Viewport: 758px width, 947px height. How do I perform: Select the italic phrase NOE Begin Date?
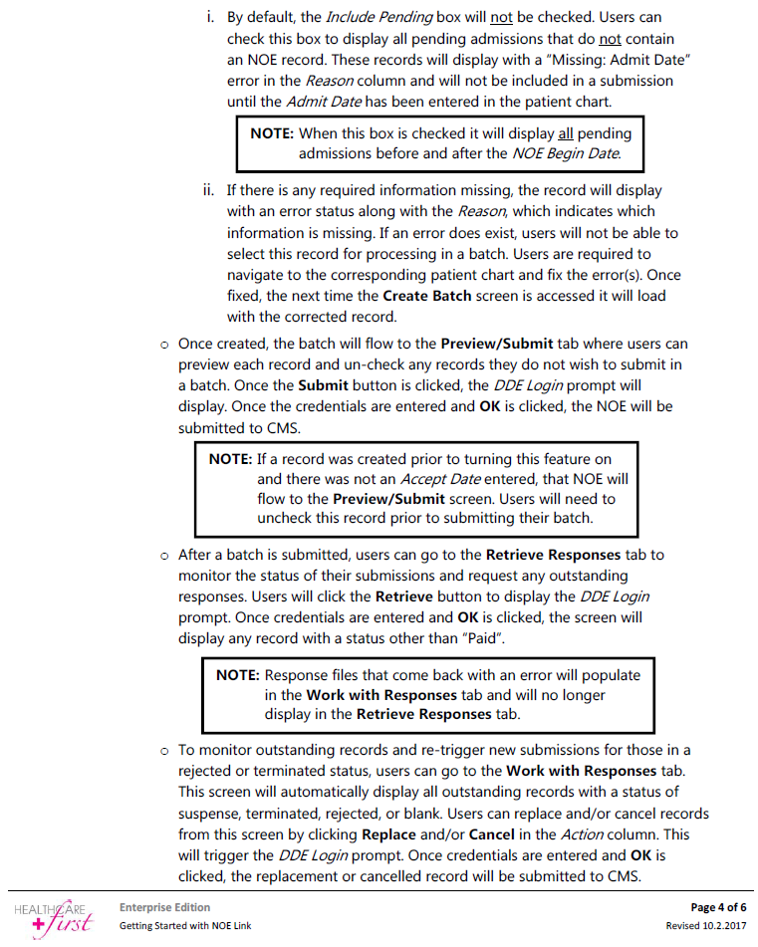(567, 153)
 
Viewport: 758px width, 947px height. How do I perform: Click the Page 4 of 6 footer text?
(717, 907)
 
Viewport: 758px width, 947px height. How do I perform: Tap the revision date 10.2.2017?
(724, 926)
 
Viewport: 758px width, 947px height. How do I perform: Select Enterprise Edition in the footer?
(164, 907)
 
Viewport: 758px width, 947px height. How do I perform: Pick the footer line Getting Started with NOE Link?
(185, 926)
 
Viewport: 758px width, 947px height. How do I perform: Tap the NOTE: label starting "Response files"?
(238, 675)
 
